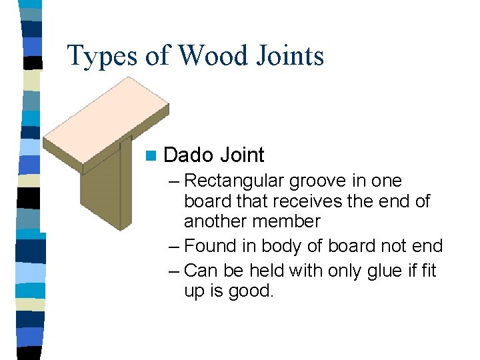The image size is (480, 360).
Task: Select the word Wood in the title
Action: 203,55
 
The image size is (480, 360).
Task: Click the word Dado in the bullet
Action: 188,155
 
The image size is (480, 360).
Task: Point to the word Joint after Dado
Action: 242,155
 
